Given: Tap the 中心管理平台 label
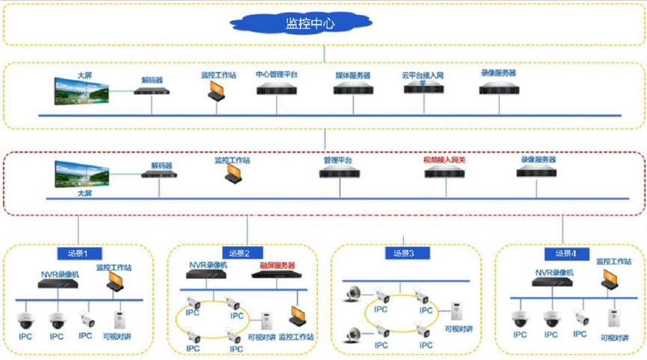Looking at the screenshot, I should pyautogui.click(x=277, y=75).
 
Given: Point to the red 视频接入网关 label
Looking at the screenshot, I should pyautogui.click(x=444, y=160).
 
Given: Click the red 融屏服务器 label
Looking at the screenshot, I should pyautogui.click(x=277, y=266).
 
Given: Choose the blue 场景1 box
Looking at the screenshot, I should pyautogui.click(x=79, y=253).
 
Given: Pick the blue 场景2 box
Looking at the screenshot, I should pyautogui.click(x=240, y=252).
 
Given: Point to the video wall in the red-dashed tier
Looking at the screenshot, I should pyautogui.click(x=82, y=174).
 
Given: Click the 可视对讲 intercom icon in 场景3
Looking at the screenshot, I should pyautogui.click(x=456, y=309).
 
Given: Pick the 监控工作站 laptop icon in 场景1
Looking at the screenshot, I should pyautogui.click(x=114, y=281).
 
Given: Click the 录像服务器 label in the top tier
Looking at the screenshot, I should pyautogui.click(x=497, y=73).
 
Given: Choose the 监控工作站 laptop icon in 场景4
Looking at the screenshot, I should pyautogui.click(x=610, y=279).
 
